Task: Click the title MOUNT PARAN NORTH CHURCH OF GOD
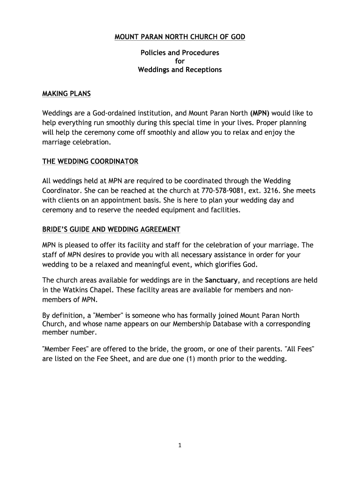pos(180,37)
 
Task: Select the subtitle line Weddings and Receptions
pos(180,70)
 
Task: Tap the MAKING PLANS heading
pos(66,94)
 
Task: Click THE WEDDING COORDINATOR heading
pos(90,161)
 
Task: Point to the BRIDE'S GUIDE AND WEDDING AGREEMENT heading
pos(111,229)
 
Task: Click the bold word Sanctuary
pos(222,280)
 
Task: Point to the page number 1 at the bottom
pos(180,445)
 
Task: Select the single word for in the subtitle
pos(180,61)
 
